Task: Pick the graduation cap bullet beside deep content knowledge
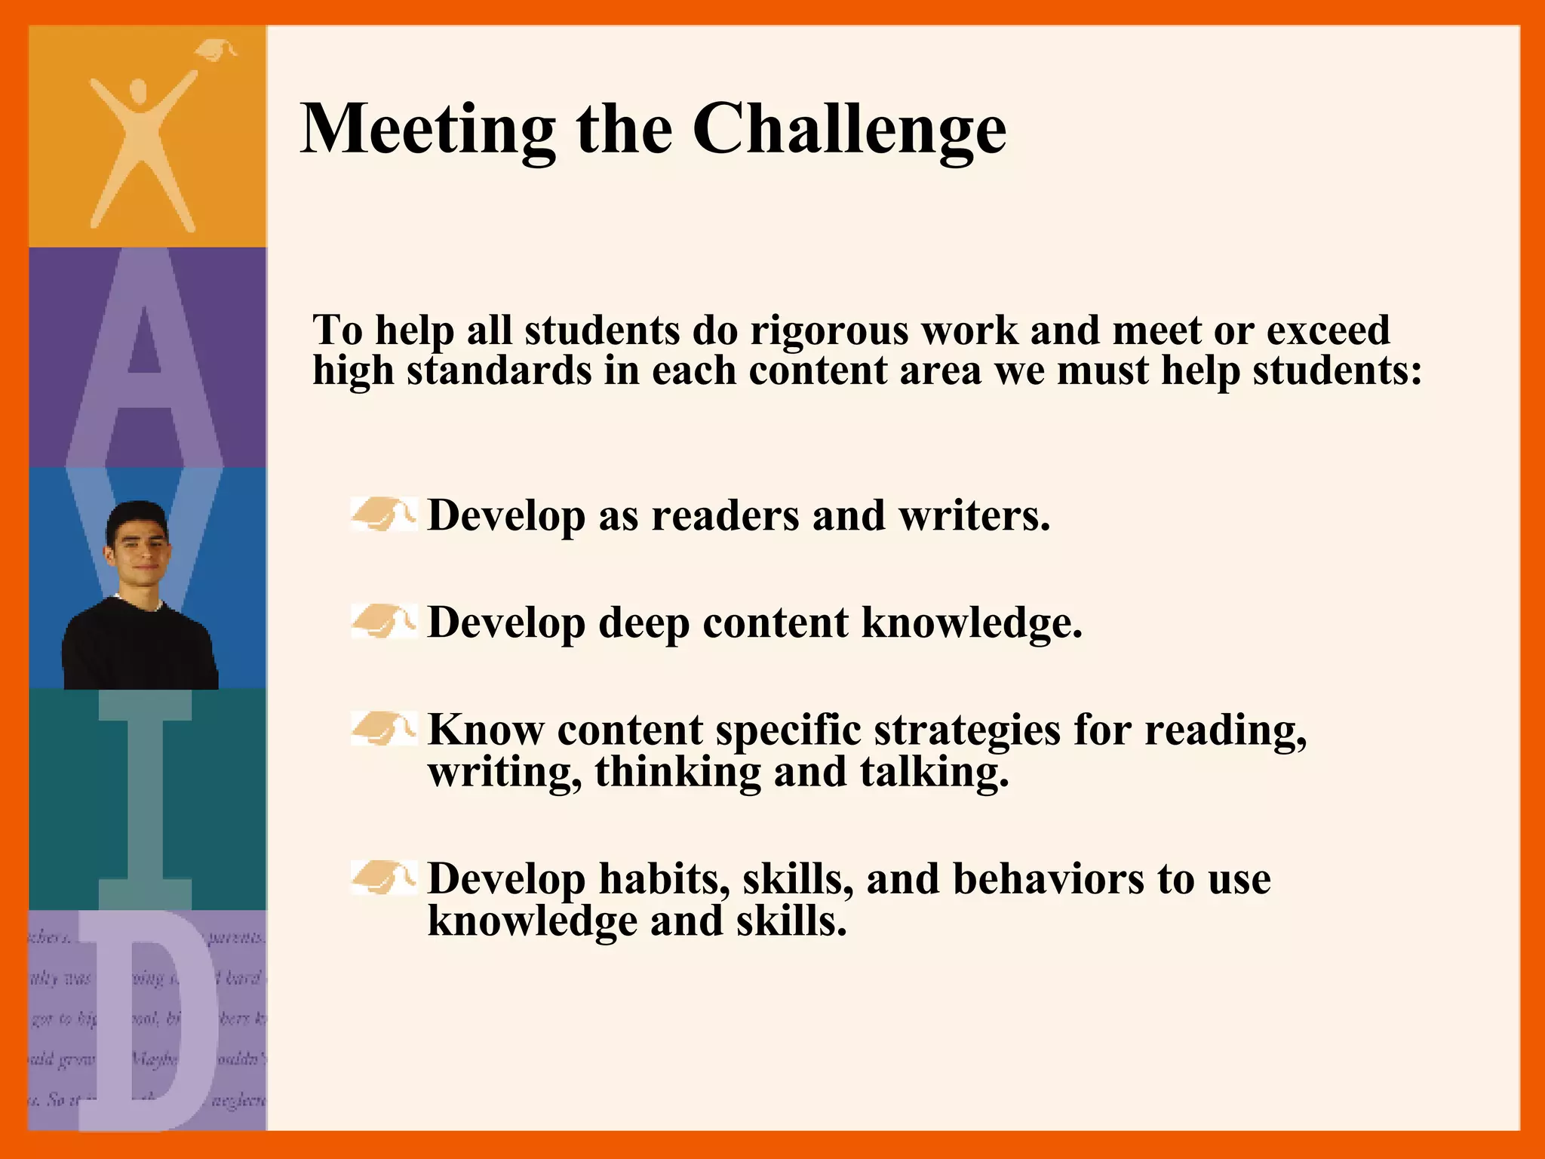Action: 383,622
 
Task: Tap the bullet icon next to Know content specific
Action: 383,729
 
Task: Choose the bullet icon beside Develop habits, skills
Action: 383,878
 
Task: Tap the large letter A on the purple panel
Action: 145,355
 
